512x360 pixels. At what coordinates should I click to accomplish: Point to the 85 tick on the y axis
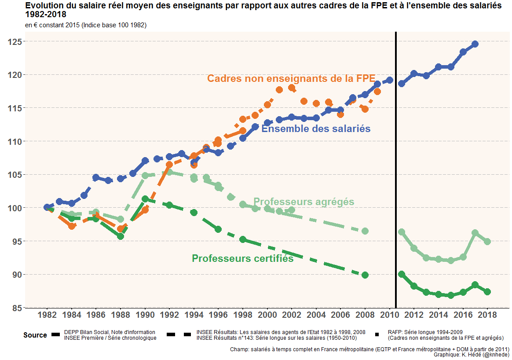pos(16,308)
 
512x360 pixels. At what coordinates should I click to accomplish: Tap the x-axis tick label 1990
pos(145,315)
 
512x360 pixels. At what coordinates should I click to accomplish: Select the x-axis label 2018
pos(487,315)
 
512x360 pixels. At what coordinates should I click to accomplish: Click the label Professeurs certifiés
pos(242,258)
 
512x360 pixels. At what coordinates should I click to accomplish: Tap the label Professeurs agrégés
pos(304,202)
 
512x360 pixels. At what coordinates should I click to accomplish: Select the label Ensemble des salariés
pos(316,129)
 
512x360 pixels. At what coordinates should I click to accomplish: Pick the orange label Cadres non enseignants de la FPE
pos(291,78)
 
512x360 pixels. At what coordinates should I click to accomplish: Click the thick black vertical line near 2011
pos(396,176)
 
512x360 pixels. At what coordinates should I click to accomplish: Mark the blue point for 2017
pos(475,44)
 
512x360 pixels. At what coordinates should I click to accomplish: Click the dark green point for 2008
pos(365,275)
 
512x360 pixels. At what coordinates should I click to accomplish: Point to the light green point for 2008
pos(365,231)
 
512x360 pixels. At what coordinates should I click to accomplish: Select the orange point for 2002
pos(292,88)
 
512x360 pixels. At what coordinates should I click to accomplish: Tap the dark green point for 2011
pos(402,274)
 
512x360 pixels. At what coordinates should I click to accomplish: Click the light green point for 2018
pos(487,242)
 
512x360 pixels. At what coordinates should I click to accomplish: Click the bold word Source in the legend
pos(35,335)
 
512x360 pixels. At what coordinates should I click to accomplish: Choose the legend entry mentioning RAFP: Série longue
pos(445,335)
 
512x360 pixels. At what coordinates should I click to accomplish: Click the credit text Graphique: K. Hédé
pos(472,354)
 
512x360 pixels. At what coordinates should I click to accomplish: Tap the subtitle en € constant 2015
pos(86,25)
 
